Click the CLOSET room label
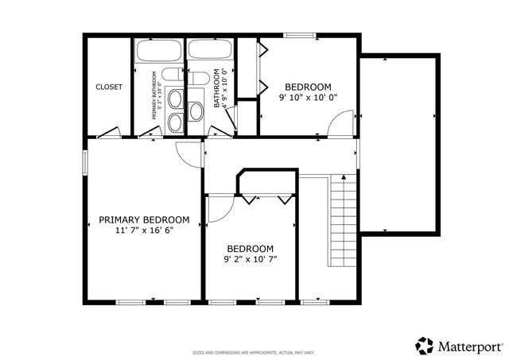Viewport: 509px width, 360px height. click(109, 87)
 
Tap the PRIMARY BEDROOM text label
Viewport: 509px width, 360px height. click(144, 220)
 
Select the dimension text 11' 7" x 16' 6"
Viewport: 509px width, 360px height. click(144, 230)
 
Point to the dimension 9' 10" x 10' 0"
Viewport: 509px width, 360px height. click(308, 98)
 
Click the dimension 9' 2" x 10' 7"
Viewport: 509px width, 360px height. click(250, 259)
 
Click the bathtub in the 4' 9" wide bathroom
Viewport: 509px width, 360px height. click(210, 49)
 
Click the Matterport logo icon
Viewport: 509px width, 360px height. click(425, 346)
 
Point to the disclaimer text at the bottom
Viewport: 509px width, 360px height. click(254, 352)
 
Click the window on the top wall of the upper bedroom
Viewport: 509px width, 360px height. click(300, 35)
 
